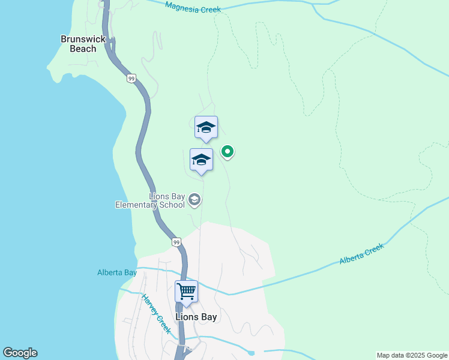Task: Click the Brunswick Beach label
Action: point(83,44)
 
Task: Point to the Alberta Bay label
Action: point(117,272)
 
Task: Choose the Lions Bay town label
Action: point(196,317)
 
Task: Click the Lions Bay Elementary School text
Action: point(150,200)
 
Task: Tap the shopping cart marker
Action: point(186,292)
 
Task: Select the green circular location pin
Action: point(228,152)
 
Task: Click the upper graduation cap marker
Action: point(206,127)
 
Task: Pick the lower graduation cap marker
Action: point(201,160)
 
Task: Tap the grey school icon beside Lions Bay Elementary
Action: point(194,199)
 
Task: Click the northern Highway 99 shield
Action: point(131,78)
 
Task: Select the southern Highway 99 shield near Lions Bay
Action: point(175,242)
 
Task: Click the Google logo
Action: point(20,353)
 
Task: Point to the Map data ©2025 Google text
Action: point(412,355)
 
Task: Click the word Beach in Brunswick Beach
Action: point(83,49)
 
